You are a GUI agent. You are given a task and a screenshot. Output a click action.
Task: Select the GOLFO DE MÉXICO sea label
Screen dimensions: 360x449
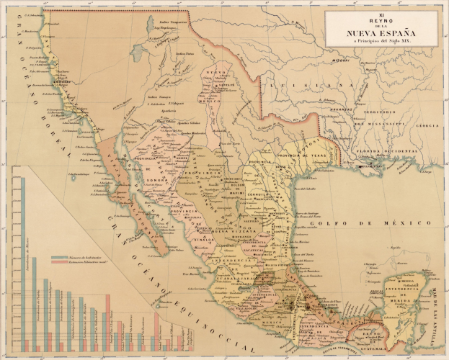[348, 225]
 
